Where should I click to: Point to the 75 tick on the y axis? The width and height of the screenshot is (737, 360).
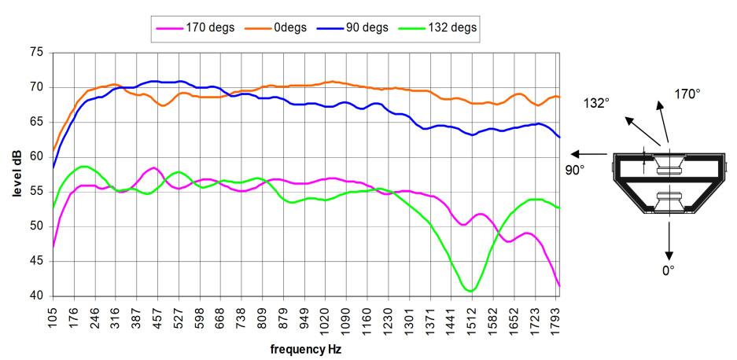point(36,52)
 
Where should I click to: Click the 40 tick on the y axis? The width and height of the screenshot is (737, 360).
point(36,296)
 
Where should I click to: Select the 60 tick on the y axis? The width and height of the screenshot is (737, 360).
point(36,156)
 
